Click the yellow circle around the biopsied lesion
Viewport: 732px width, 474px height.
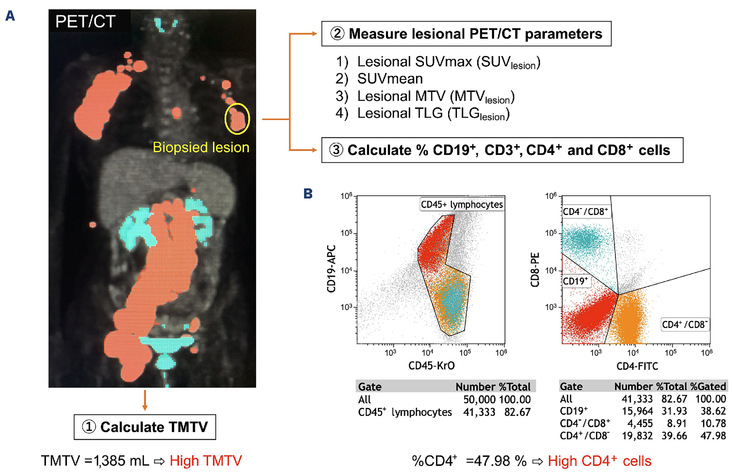pos(237,119)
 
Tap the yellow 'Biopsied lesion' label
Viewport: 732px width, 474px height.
pos(201,147)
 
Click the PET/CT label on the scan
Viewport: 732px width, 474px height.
pos(86,21)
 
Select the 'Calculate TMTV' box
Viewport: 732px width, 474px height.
pos(145,427)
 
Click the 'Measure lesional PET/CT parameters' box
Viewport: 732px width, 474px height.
pos(466,34)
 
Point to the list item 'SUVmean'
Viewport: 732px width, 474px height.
pos(390,79)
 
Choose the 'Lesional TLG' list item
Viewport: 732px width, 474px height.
pos(433,114)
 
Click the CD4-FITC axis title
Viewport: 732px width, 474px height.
pos(637,366)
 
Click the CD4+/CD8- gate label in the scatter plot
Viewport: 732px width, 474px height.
pos(685,325)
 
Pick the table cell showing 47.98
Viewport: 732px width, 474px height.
pos(713,436)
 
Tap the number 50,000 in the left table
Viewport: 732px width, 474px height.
pos(479,399)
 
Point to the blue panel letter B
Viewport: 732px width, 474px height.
pos(308,194)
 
